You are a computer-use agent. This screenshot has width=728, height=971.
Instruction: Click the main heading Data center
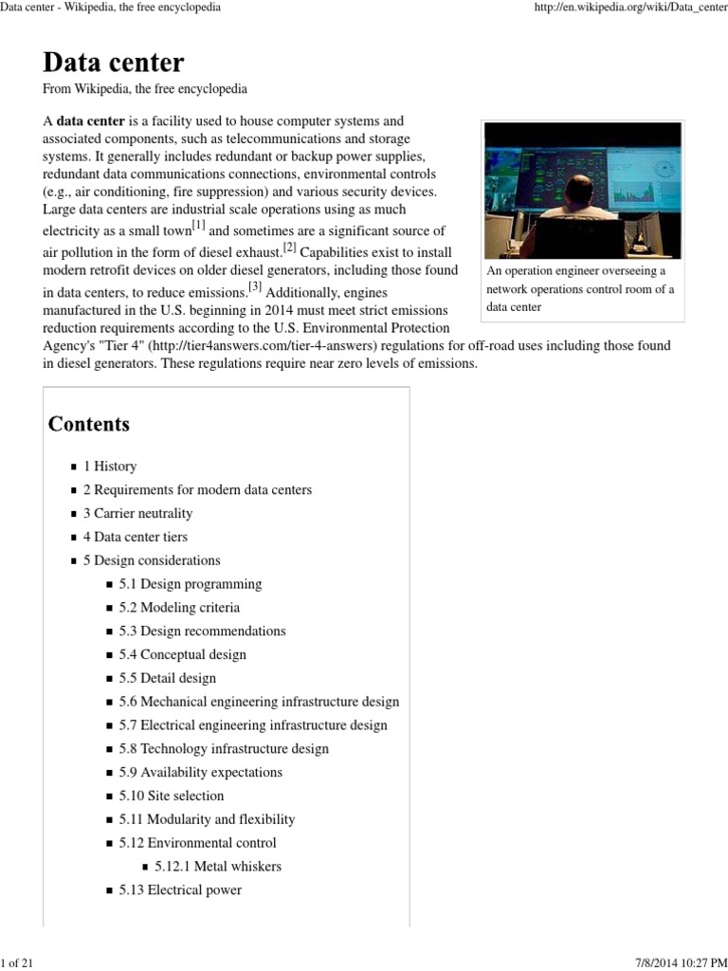114,63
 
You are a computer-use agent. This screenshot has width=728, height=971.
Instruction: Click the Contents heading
89,424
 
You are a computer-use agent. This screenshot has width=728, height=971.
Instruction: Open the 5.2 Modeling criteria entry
179,608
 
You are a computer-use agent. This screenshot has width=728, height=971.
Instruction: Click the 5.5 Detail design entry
167,678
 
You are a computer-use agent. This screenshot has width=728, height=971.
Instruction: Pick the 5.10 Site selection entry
172,796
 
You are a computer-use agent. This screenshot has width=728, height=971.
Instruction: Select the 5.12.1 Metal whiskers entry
218,866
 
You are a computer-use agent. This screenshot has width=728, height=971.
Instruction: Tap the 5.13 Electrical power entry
180,889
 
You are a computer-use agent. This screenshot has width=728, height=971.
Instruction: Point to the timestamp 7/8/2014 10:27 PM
673,963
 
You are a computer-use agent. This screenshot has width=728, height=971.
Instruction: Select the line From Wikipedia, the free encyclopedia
145,89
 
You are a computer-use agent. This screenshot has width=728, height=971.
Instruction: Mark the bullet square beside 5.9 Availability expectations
109,773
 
